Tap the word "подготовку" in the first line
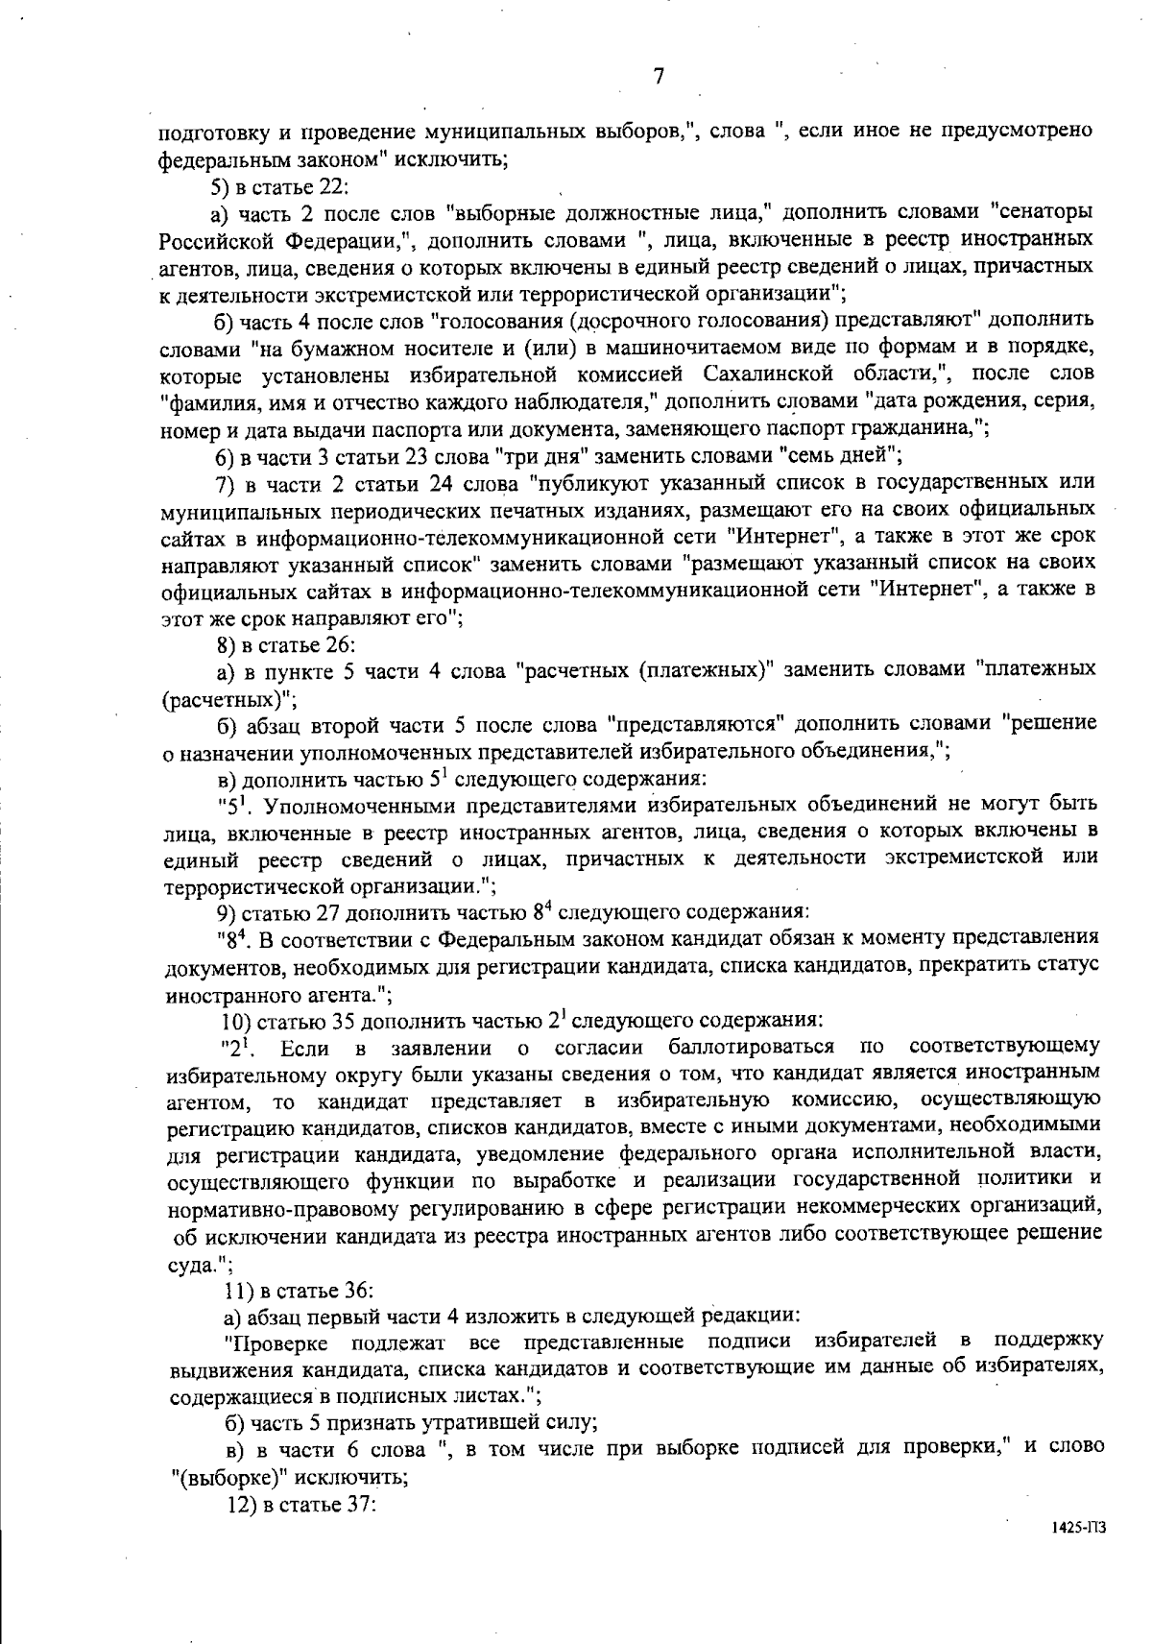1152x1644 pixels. point(204,131)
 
